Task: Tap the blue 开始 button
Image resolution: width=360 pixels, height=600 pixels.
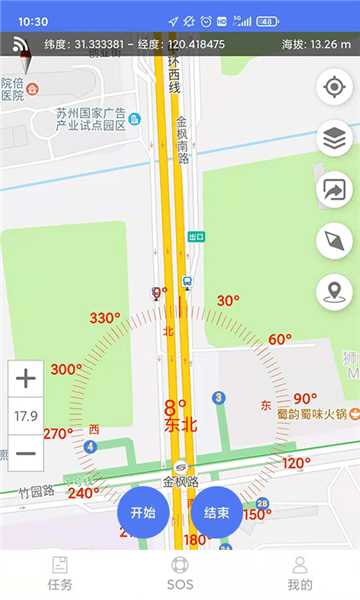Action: [143, 513]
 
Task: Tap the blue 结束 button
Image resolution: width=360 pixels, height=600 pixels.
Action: [217, 513]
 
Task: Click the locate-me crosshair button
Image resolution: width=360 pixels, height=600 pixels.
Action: [334, 87]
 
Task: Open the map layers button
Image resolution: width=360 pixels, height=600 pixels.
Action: [334, 139]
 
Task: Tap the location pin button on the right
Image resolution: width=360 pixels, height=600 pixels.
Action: [334, 292]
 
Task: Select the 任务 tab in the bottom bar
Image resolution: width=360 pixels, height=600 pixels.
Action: [60, 574]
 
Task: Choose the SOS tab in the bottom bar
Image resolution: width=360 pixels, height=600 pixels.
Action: [180, 574]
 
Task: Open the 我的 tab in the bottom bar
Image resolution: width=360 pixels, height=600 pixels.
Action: [299, 574]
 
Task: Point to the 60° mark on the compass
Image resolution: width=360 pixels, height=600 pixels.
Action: [280, 340]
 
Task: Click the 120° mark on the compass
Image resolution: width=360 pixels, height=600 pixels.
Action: [296, 463]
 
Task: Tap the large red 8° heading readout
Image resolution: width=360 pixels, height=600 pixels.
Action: [176, 408]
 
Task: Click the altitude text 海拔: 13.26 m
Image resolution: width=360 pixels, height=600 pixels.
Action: [316, 44]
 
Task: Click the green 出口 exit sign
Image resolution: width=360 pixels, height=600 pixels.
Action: [196, 237]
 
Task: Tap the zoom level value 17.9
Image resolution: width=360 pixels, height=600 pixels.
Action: [26, 415]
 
